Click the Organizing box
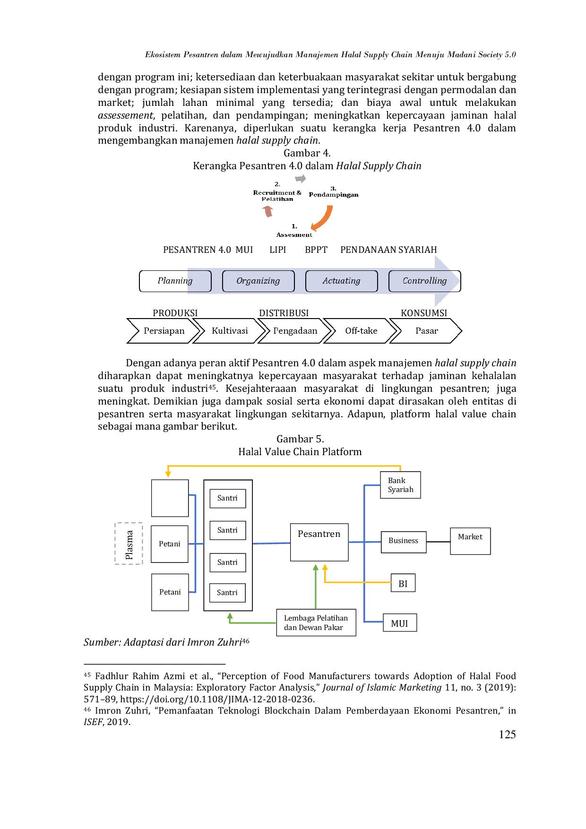(258, 281)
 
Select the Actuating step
(341, 281)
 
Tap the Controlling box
(424, 281)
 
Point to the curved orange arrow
(323, 219)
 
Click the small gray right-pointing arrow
(301, 179)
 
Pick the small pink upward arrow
(268, 211)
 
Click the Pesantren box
(319, 542)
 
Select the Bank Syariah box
(400, 485)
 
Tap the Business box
(404, 541)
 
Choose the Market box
(470, 541)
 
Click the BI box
(403, 584)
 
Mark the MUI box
(399, 623)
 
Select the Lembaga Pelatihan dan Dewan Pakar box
(316, 623)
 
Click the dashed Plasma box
(129, 544)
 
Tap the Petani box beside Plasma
(170, 544)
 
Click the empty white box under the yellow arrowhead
(170, 498)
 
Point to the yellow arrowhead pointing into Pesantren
(325, 567)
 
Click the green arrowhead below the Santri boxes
(230, 616)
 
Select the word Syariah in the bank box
(401, 490)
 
